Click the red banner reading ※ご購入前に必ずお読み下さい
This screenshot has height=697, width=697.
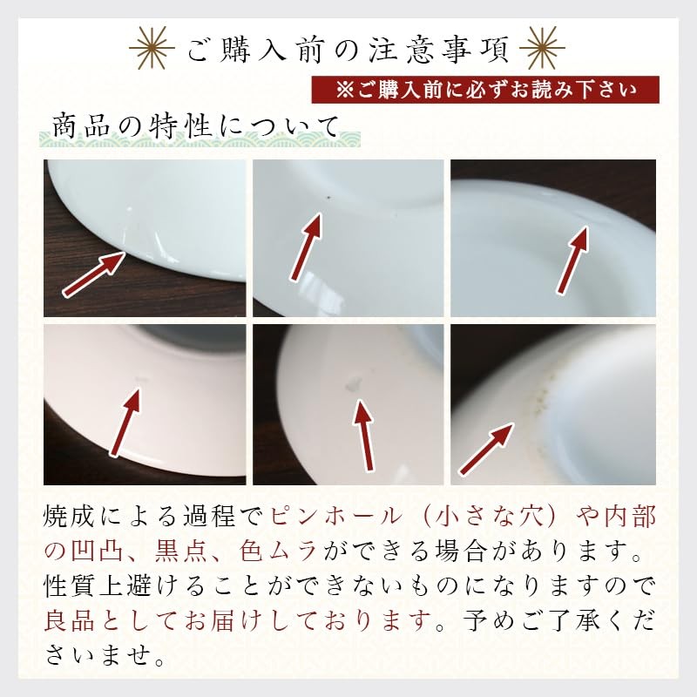pyautogui.click(x=486, y=90)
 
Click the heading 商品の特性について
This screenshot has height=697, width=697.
pyautogui.click(x=193, y=126)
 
